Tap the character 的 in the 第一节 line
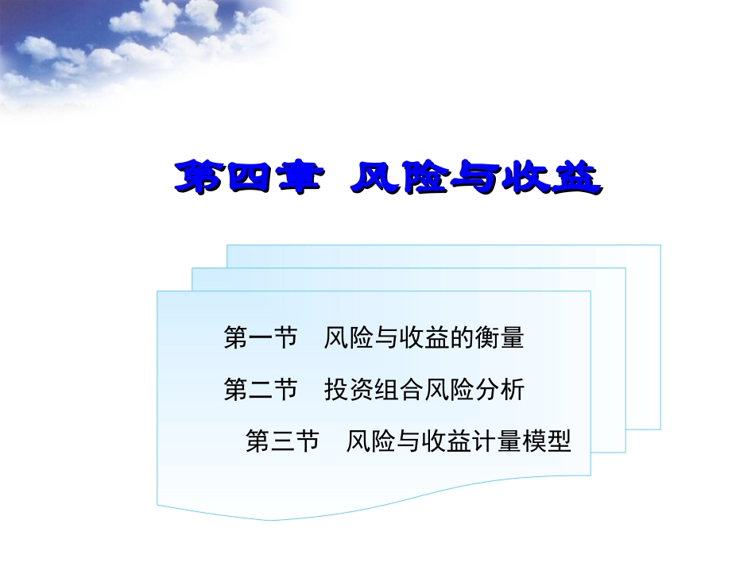click(x=463, y=339)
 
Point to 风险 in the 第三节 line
click(x=370, y=441)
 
